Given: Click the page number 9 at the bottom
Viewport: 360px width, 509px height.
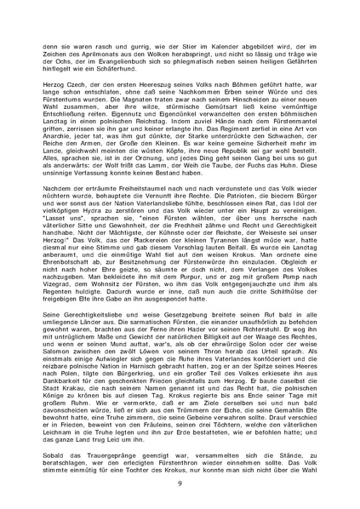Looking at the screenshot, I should coord(180,483).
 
